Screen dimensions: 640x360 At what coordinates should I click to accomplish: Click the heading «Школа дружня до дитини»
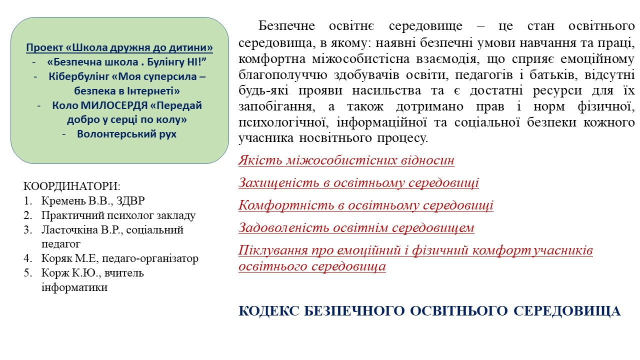139,47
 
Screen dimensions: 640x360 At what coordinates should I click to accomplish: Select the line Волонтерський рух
126,134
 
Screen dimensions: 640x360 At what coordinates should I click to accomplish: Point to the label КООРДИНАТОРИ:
72,186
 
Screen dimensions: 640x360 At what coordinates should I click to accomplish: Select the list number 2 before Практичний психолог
28,215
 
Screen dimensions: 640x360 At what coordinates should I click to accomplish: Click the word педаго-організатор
150,258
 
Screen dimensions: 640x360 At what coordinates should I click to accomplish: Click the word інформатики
74,287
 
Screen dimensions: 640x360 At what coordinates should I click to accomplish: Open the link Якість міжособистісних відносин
346,160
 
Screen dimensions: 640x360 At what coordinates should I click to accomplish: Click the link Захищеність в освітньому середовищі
358,182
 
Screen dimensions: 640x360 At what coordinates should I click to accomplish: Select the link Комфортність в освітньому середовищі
366,205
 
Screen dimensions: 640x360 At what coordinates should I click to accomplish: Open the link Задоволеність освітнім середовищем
356,227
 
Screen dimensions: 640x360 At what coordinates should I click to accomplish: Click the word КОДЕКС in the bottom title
268,311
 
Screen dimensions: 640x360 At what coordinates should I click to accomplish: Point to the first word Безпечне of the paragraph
286,25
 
